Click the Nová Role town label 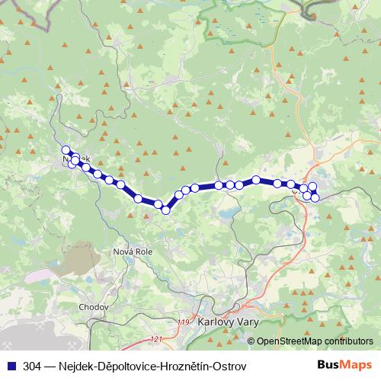tap(133, 251)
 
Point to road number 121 tap(157, 339)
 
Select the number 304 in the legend tap(33, 367)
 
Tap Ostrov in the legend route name tap(231, 367)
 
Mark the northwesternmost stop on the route tap(66, 150)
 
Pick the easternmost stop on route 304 tap(315, 198)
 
